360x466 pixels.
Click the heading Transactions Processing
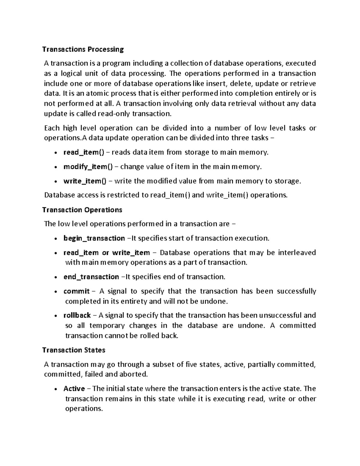83,49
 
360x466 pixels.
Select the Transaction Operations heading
82,210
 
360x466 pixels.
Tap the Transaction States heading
74,350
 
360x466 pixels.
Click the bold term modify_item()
88,167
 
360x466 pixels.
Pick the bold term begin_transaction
94,238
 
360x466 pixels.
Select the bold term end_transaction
91,277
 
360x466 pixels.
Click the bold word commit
76,291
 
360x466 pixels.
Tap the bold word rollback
77,315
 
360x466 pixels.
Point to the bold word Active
74,389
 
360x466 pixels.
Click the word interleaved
297,253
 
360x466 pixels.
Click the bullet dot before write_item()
56,182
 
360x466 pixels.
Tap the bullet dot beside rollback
56,316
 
